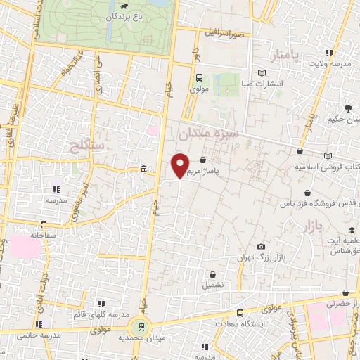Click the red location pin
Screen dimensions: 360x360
pos(181,166)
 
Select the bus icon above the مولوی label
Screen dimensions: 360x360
pos(198,78)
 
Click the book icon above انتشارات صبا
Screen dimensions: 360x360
pos(262,73)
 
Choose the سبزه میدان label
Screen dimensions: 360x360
pos(209,131)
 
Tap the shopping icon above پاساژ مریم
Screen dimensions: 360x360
pos(203,160)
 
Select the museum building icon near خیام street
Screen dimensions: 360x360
pos(143,169)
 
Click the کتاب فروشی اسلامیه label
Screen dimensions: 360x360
pos(328,167)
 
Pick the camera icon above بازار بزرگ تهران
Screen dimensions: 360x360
pos(262,246)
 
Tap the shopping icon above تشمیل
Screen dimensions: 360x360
pos(212,274)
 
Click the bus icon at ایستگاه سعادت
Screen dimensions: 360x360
pos(240,313)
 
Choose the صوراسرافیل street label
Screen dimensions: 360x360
pos(223,33)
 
